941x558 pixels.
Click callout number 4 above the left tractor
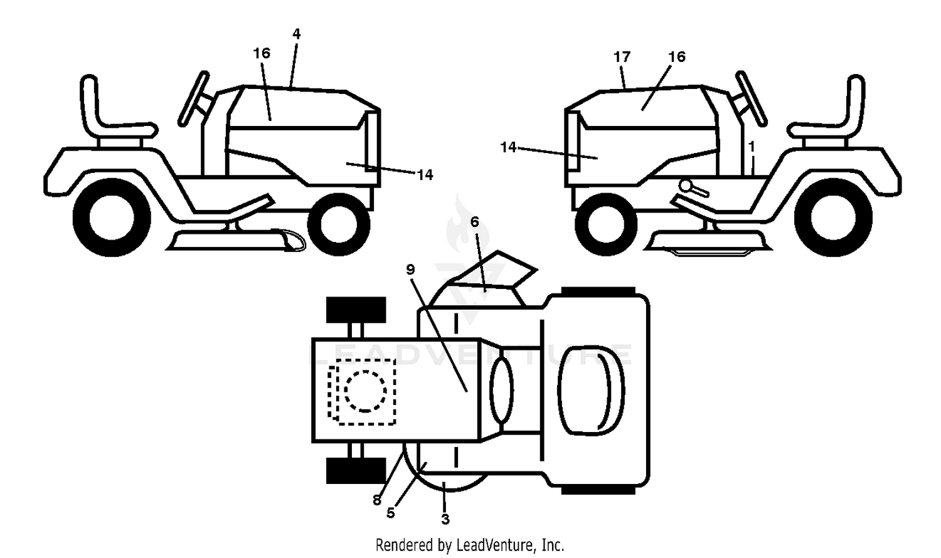point(297,34)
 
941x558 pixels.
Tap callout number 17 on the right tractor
point(622,56)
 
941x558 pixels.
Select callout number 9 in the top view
point(410,270)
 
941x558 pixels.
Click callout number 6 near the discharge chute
point(475,222)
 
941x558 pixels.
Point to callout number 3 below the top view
point(445,519)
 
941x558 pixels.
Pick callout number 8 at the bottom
point(377,500)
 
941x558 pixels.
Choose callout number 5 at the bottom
point(391,513)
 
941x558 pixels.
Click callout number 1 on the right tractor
point(752,147)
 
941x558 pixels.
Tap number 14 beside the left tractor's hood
point(425,175)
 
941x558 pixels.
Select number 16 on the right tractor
point(677,56)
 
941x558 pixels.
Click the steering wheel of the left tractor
point(194,98)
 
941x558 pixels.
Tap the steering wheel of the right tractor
point(751,98)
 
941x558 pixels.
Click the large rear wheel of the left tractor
point(112,218)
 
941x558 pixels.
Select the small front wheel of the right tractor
point(606,224)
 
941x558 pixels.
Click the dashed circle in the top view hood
point(365,391)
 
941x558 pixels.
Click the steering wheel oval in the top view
point(501,391)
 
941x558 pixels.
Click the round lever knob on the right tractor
point(685,185)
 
